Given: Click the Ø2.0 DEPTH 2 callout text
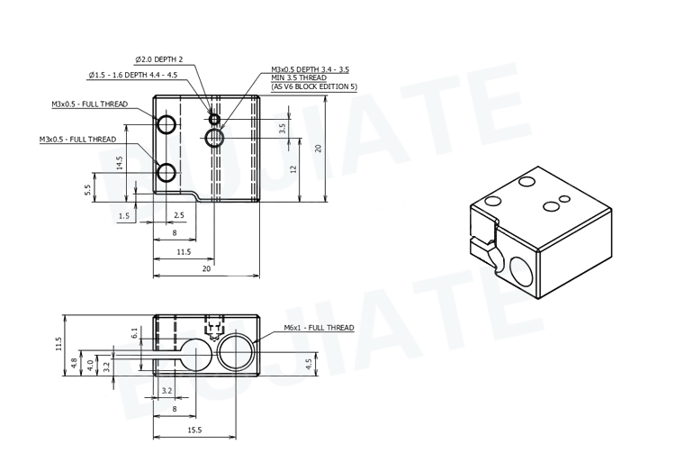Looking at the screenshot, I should click(x=166, y=59).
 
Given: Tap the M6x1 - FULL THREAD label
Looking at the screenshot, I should click(x=319, y=328).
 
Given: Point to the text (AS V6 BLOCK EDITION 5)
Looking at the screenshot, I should click(x=314, y=86).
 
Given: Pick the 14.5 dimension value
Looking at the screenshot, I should click(x=120, y=163).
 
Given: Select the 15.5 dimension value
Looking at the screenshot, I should click(x=194, y=430).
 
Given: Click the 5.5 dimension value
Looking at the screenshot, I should click(x=88, y=191).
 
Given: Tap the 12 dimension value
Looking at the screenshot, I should click(x=293, y=169).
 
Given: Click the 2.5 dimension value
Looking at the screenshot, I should click(x=178, y=215).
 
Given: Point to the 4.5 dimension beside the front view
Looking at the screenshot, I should click(x=309, y=364).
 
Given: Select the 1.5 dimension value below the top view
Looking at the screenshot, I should click(x=123, y=216).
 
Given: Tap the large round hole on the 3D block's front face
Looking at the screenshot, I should click(x=521, y=271).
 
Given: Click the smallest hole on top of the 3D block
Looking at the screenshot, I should click(x=564, y=198).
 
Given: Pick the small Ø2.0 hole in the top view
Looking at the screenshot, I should click(x=214, y=119).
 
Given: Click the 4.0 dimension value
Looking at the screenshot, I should click(x=90, y=364).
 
